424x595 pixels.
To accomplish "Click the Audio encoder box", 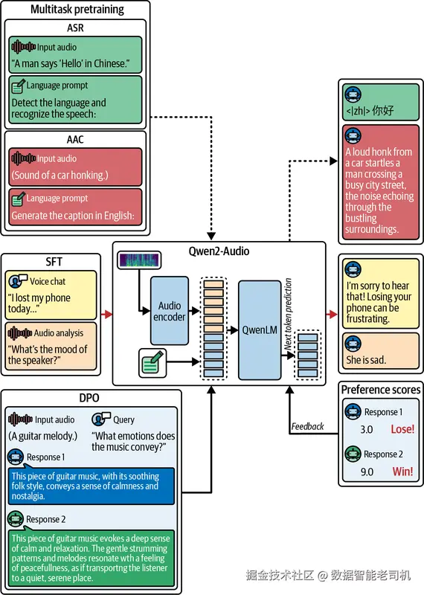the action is point(170,310).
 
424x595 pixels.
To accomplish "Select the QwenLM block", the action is point(260,329).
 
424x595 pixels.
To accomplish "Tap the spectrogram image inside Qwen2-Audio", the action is point(139,260).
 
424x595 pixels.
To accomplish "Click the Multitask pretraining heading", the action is point(77,9).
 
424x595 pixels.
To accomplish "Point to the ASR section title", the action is point(75,28).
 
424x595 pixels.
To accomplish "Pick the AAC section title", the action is point(75,139).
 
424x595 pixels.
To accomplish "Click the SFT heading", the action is point(54,262).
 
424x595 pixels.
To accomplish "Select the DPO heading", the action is point(89,398).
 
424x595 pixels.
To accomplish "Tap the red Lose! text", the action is point(402,429).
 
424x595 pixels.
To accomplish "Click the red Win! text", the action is point(402,472).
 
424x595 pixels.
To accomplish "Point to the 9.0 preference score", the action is point(367,472).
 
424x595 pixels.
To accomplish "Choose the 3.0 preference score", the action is point(367,430).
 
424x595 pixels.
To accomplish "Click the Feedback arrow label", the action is point(307,426).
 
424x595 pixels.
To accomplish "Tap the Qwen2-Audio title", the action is point(219,251).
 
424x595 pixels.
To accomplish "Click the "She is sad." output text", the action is point(366,360).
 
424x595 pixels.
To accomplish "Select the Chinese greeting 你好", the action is point(382,110).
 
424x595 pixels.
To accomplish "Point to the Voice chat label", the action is point(48,281).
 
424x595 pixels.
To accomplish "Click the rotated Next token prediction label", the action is point(288,314).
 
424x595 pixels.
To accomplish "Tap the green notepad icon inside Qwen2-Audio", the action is point(152,363).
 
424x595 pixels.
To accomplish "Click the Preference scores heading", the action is point(381,390).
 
